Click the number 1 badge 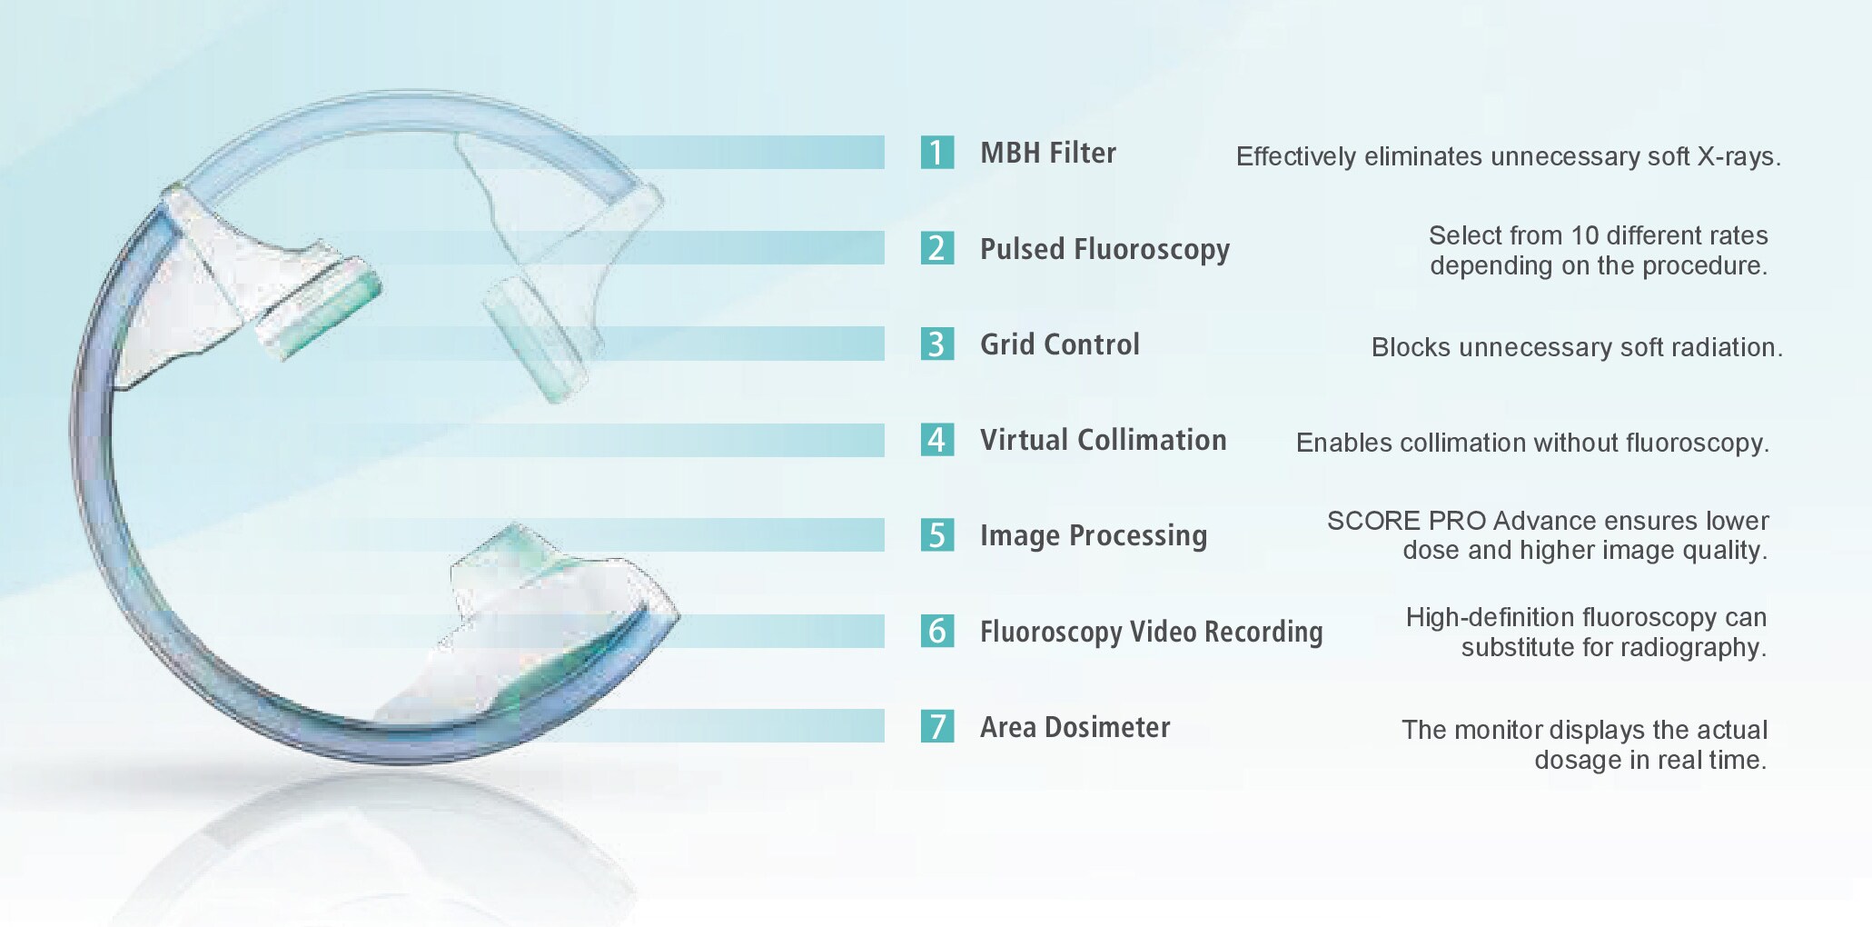coord(936,152)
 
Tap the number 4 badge coord(936,440)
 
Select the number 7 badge coord(936,726)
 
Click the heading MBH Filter coord(1048,153)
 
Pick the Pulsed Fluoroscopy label coord(1104,249)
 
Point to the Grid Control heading coord(1059,344)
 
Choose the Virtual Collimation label coord(1103,440)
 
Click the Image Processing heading coord(1094,536)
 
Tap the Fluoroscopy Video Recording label coord(1151,632)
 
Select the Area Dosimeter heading coord(1075,727)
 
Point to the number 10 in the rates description coord(1584,235)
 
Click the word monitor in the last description coord(1497,730)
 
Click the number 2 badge coord(936,248)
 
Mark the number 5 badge coord(936,535)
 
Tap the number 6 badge coord(936,631)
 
